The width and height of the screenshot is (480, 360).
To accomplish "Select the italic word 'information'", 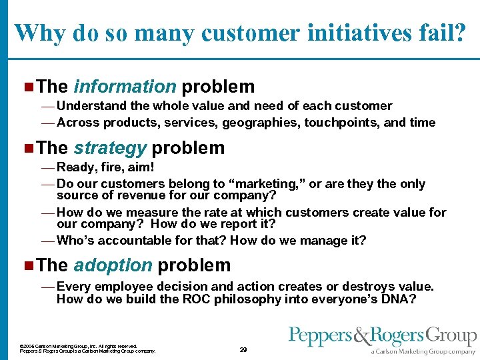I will pyautogui.click(x=125, y=87).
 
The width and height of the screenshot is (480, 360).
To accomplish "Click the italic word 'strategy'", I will pyautogui.click(x=110, y=147).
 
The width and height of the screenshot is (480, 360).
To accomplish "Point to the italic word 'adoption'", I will pyautogui.click(x=113, y=265).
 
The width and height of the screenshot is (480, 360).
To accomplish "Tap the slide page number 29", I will pyautogui.click(x=243, y=349).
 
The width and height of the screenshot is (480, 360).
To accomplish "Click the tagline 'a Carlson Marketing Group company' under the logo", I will pyautogui.click(x=423, y=351).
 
